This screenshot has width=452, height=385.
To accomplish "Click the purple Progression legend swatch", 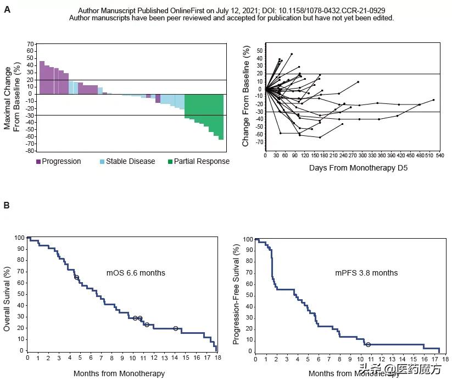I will pos(38,162).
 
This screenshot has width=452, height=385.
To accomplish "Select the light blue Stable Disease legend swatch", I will pos(102,162).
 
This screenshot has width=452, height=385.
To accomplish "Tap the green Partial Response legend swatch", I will pos(170,162).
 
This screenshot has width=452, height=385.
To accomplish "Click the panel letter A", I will pos(7,10).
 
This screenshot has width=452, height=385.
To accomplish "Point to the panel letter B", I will pos(7,206).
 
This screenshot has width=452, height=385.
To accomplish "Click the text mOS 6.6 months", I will pos(136,273).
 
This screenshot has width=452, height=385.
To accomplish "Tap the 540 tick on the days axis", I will pos(439,156).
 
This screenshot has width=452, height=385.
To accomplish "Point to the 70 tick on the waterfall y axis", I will pos(31,43).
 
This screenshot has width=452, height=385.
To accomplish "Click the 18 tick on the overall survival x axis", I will pos(217,358).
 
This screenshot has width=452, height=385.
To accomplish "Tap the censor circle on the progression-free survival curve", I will pos(368,344).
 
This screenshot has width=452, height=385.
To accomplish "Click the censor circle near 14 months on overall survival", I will pos(176,328).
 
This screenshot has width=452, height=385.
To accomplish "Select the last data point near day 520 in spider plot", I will pos(433,100).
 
